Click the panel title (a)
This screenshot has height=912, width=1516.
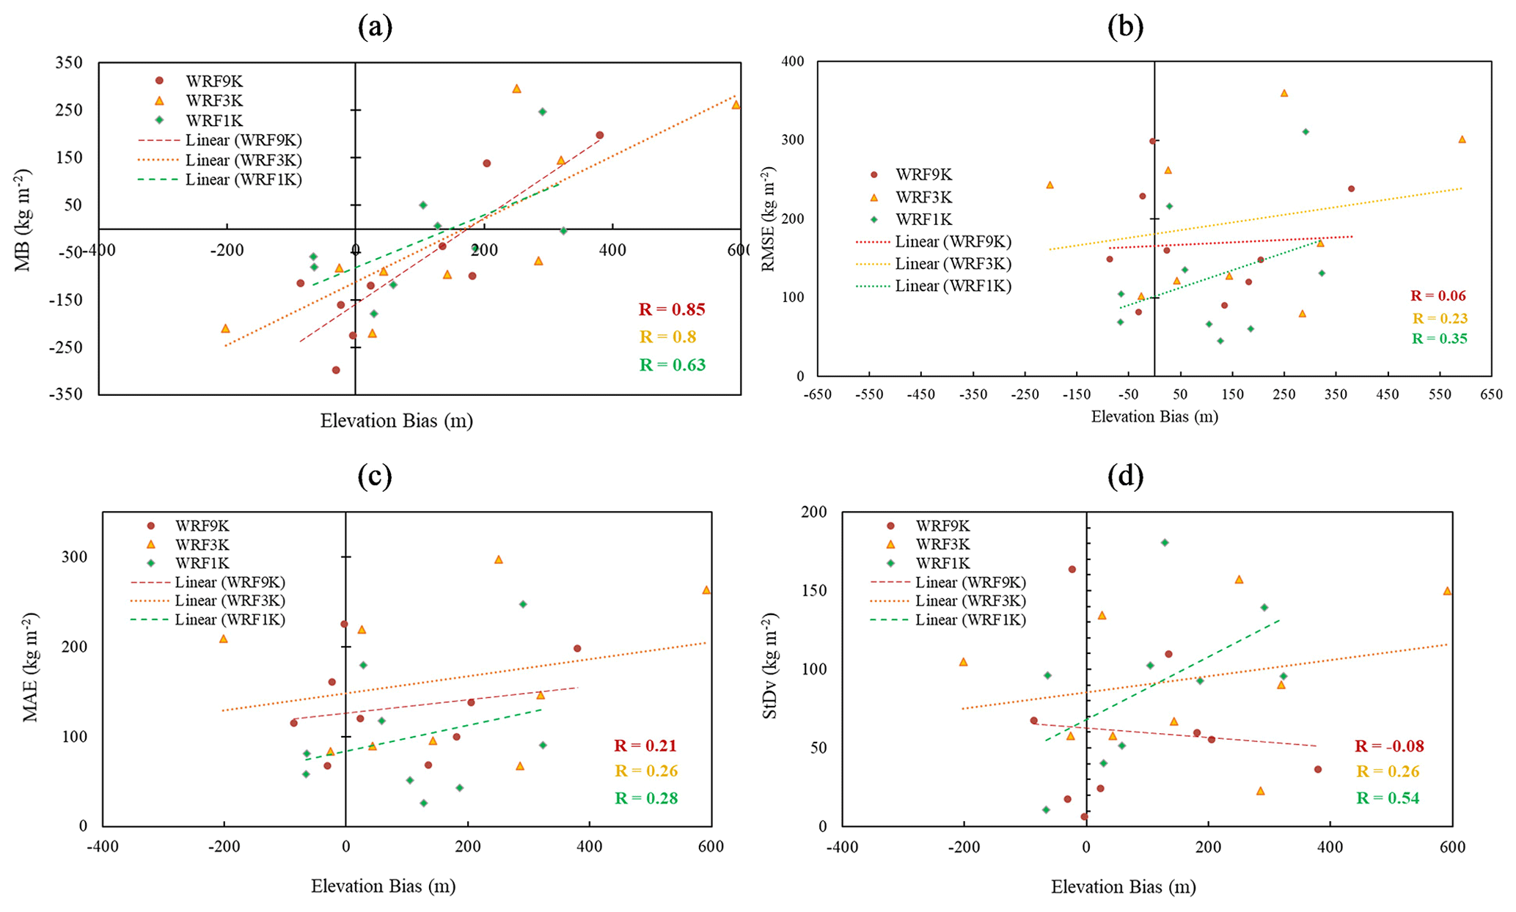[x=375, y=27]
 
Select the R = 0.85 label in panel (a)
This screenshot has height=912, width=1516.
[x=672, y=309]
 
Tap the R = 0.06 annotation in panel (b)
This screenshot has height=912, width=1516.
[x=1438, y=296]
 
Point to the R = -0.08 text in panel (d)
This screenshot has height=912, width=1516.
[x=1389, y=746]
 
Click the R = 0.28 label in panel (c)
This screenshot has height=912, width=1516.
[x=646, y=798]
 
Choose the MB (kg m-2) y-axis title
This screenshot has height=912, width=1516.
[x=24, y=220]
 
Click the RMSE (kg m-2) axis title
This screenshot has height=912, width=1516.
[x=769, y=220]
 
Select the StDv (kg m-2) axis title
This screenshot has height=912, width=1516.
[x=770, y=666]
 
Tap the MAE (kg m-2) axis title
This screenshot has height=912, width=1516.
[x=31, y=667]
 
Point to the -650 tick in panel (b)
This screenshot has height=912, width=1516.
[x=817, y=394]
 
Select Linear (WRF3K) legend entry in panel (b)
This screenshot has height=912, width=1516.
[x=953, y=264]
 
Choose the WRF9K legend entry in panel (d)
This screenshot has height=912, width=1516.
[x=942, y=526]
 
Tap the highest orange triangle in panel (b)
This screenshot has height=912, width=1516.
[x=1284, y=93]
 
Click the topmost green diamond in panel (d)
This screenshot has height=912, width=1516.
[x=1165, y=543]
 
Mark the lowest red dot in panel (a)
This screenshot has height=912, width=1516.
[x=336, y=370]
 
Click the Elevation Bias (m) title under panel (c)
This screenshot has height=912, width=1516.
[x=383, y=886]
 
